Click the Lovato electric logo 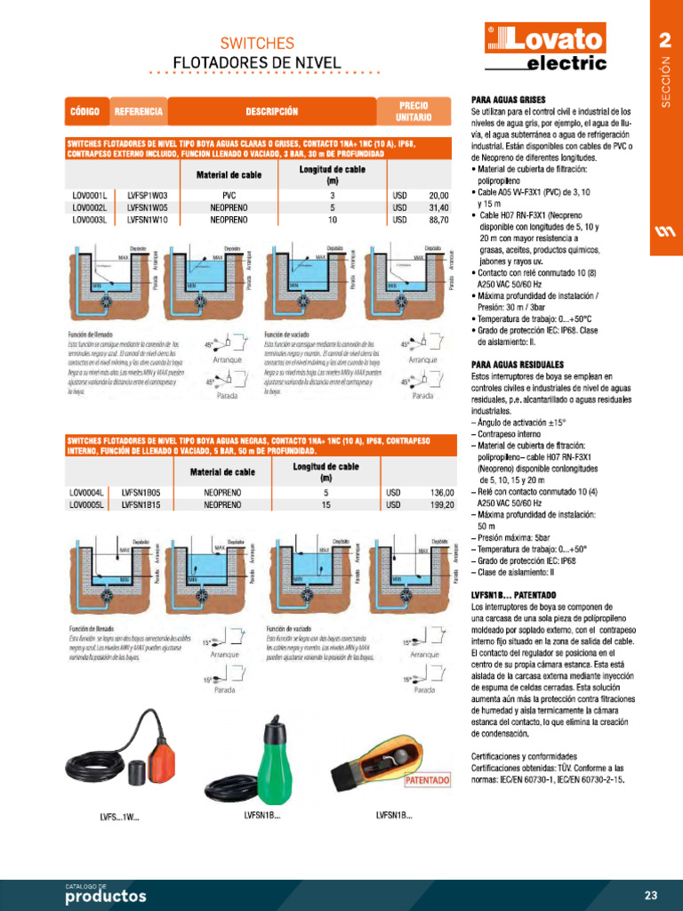pos(545,47)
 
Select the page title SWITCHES pos(257,43)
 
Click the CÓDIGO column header pos(84,112)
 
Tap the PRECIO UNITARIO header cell pos(414,111)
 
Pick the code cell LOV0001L pos(90,195)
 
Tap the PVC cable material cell pos(229,195)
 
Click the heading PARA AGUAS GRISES pos(508,99)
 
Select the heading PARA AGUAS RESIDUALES pos(517,365)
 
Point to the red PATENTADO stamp pos(428,780)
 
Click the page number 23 pos(650,894)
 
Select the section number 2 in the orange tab pos(664,41)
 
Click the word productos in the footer pos(105,896)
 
